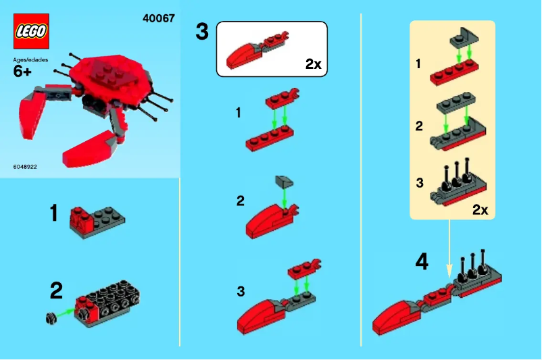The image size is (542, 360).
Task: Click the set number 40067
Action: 158,18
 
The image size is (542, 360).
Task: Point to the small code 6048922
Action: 24,166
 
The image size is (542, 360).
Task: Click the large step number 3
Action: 202,32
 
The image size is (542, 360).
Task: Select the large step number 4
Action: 422,261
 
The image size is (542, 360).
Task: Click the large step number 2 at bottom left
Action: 57,291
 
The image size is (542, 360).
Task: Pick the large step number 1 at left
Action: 53,214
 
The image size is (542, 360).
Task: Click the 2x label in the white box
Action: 313,64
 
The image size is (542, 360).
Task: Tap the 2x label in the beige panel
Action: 480,209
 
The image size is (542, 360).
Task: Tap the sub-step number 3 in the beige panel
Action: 420,182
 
